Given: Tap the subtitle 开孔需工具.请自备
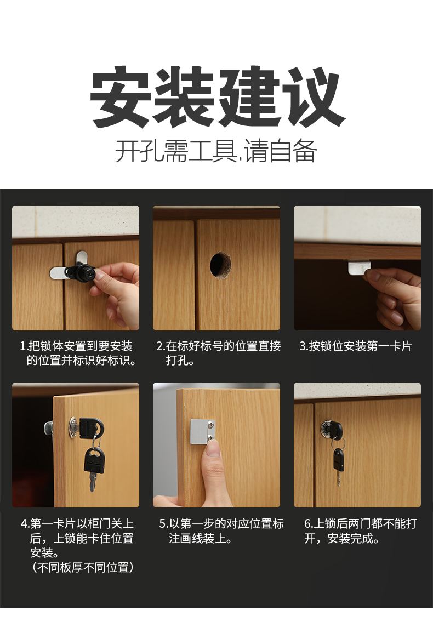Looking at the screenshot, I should pos(216,151).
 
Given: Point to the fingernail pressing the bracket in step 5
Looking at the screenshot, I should pos(212,448).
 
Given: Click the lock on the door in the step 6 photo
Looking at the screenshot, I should pos(330,427).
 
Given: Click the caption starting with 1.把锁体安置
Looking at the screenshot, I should pos(76,353).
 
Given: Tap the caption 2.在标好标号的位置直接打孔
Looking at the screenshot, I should pos(218,353).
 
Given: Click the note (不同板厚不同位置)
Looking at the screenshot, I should pos(83,567).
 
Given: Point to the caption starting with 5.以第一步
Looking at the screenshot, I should pos(221,530).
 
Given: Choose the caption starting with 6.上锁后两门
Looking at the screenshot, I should pos(360,530).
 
